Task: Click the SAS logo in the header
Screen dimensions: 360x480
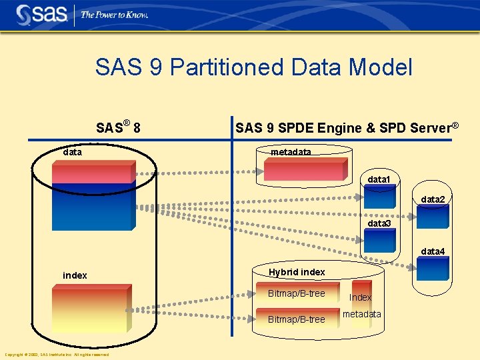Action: click(x=41, y=14)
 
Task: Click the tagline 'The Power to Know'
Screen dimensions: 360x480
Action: click(x=114, y=15)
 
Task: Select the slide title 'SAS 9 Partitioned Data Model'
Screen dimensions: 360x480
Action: click(x=253, y=67)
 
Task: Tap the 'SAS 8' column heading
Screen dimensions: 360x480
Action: click(x=117, y=127)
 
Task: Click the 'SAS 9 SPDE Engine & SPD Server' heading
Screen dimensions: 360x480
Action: click(x=347, y=127)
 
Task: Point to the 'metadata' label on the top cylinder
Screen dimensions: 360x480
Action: click(x=291, y=153)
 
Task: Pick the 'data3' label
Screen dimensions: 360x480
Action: click(x=379, y=223)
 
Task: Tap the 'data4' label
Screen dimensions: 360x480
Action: click(x=432, y=251)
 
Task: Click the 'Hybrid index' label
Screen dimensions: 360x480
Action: click(x=297, y=272)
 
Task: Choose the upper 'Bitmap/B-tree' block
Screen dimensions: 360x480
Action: click(x=296, y=294)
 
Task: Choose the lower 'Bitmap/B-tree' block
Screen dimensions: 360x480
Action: click(x=296, y=319)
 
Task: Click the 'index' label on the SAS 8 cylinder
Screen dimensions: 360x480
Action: click(x=75, y=275)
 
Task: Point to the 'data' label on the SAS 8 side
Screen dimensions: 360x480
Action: click(x=72, y=152)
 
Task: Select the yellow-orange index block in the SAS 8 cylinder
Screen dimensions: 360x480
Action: click(x=90, y=309)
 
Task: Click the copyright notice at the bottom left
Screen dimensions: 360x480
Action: click(x=57, y=355)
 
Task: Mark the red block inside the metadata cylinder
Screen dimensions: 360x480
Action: click(x=304, y=169)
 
